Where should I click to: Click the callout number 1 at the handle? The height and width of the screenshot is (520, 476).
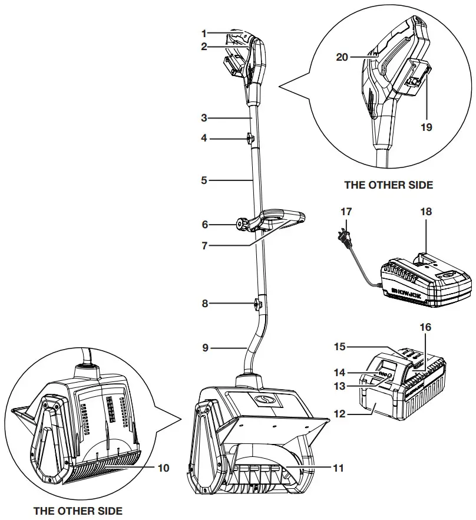coord(203,34)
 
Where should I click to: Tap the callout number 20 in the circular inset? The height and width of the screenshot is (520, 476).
coord(341,57)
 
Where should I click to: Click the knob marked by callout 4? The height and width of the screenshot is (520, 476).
coord(250,139)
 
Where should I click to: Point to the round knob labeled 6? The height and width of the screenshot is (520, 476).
coord(242,224)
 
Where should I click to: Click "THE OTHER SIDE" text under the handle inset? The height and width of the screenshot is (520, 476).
coord(388,185)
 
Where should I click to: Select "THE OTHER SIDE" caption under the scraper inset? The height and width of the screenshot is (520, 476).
coord(78,510)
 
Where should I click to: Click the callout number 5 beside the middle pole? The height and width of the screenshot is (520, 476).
coord(204,180)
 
